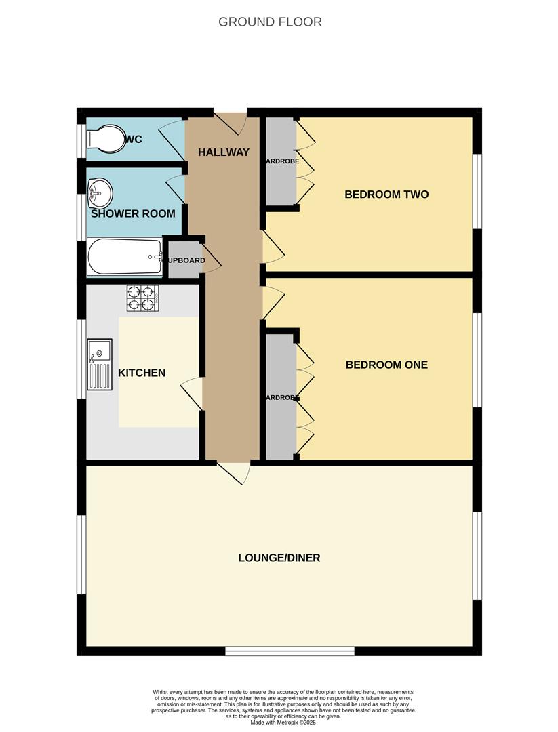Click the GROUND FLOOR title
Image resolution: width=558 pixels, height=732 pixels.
(270, 22)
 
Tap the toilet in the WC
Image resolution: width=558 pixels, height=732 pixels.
(103, 139)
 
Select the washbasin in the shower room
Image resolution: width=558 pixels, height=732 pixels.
(100, 192)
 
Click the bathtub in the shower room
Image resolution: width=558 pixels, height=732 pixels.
(125, 256)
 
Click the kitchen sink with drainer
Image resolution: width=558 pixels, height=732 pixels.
(100, 364)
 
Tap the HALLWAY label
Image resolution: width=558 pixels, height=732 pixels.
(224, 152)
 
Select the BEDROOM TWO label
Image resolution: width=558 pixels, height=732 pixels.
(386, 195)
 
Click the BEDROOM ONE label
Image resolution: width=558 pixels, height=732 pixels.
(386, 365)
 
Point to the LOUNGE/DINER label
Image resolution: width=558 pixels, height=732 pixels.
(279, 558)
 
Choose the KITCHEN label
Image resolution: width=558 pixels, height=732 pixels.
(142, 373)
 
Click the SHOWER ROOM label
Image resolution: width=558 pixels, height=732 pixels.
(133, 213)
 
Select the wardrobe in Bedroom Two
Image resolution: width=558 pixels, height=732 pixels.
(279, 161)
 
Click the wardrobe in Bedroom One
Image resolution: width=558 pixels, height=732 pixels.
(279, 397)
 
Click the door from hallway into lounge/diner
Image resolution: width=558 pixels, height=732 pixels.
(234, 472)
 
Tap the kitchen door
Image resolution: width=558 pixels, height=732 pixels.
(193, 392)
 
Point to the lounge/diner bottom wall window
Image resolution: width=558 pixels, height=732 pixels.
(290, 651)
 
